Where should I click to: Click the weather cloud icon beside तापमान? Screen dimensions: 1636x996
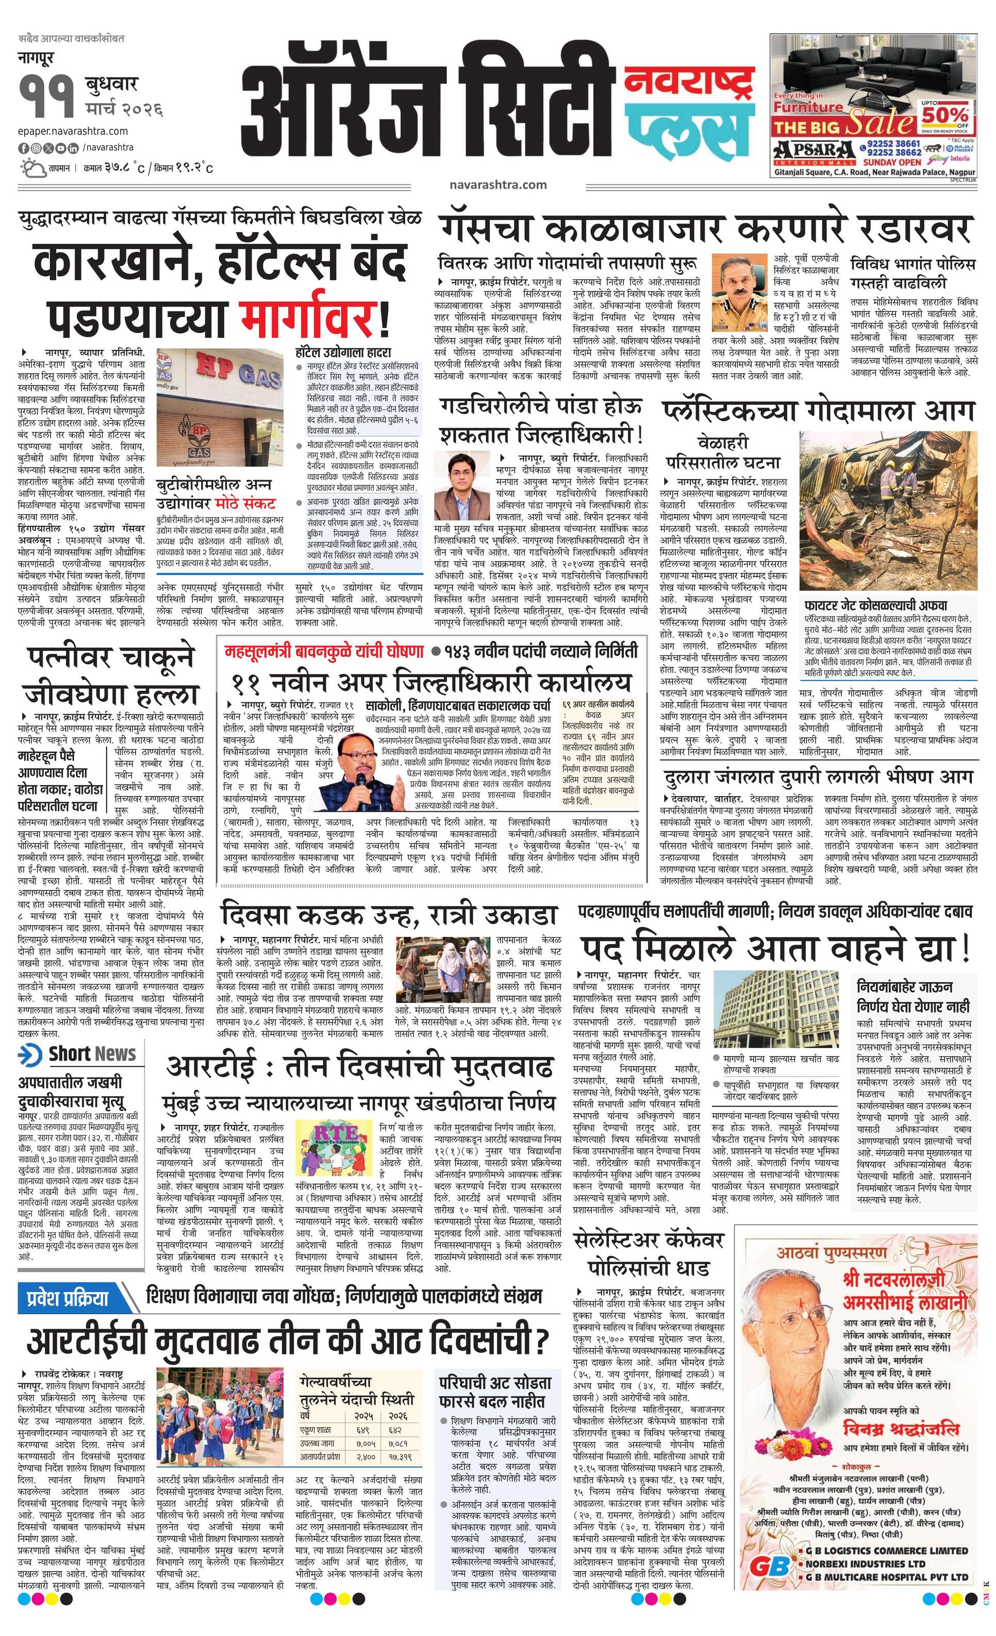coord(33,167)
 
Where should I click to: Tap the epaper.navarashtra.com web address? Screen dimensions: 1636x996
coord(73,131)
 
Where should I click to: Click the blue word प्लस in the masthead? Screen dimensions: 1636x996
coord(689,124)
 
